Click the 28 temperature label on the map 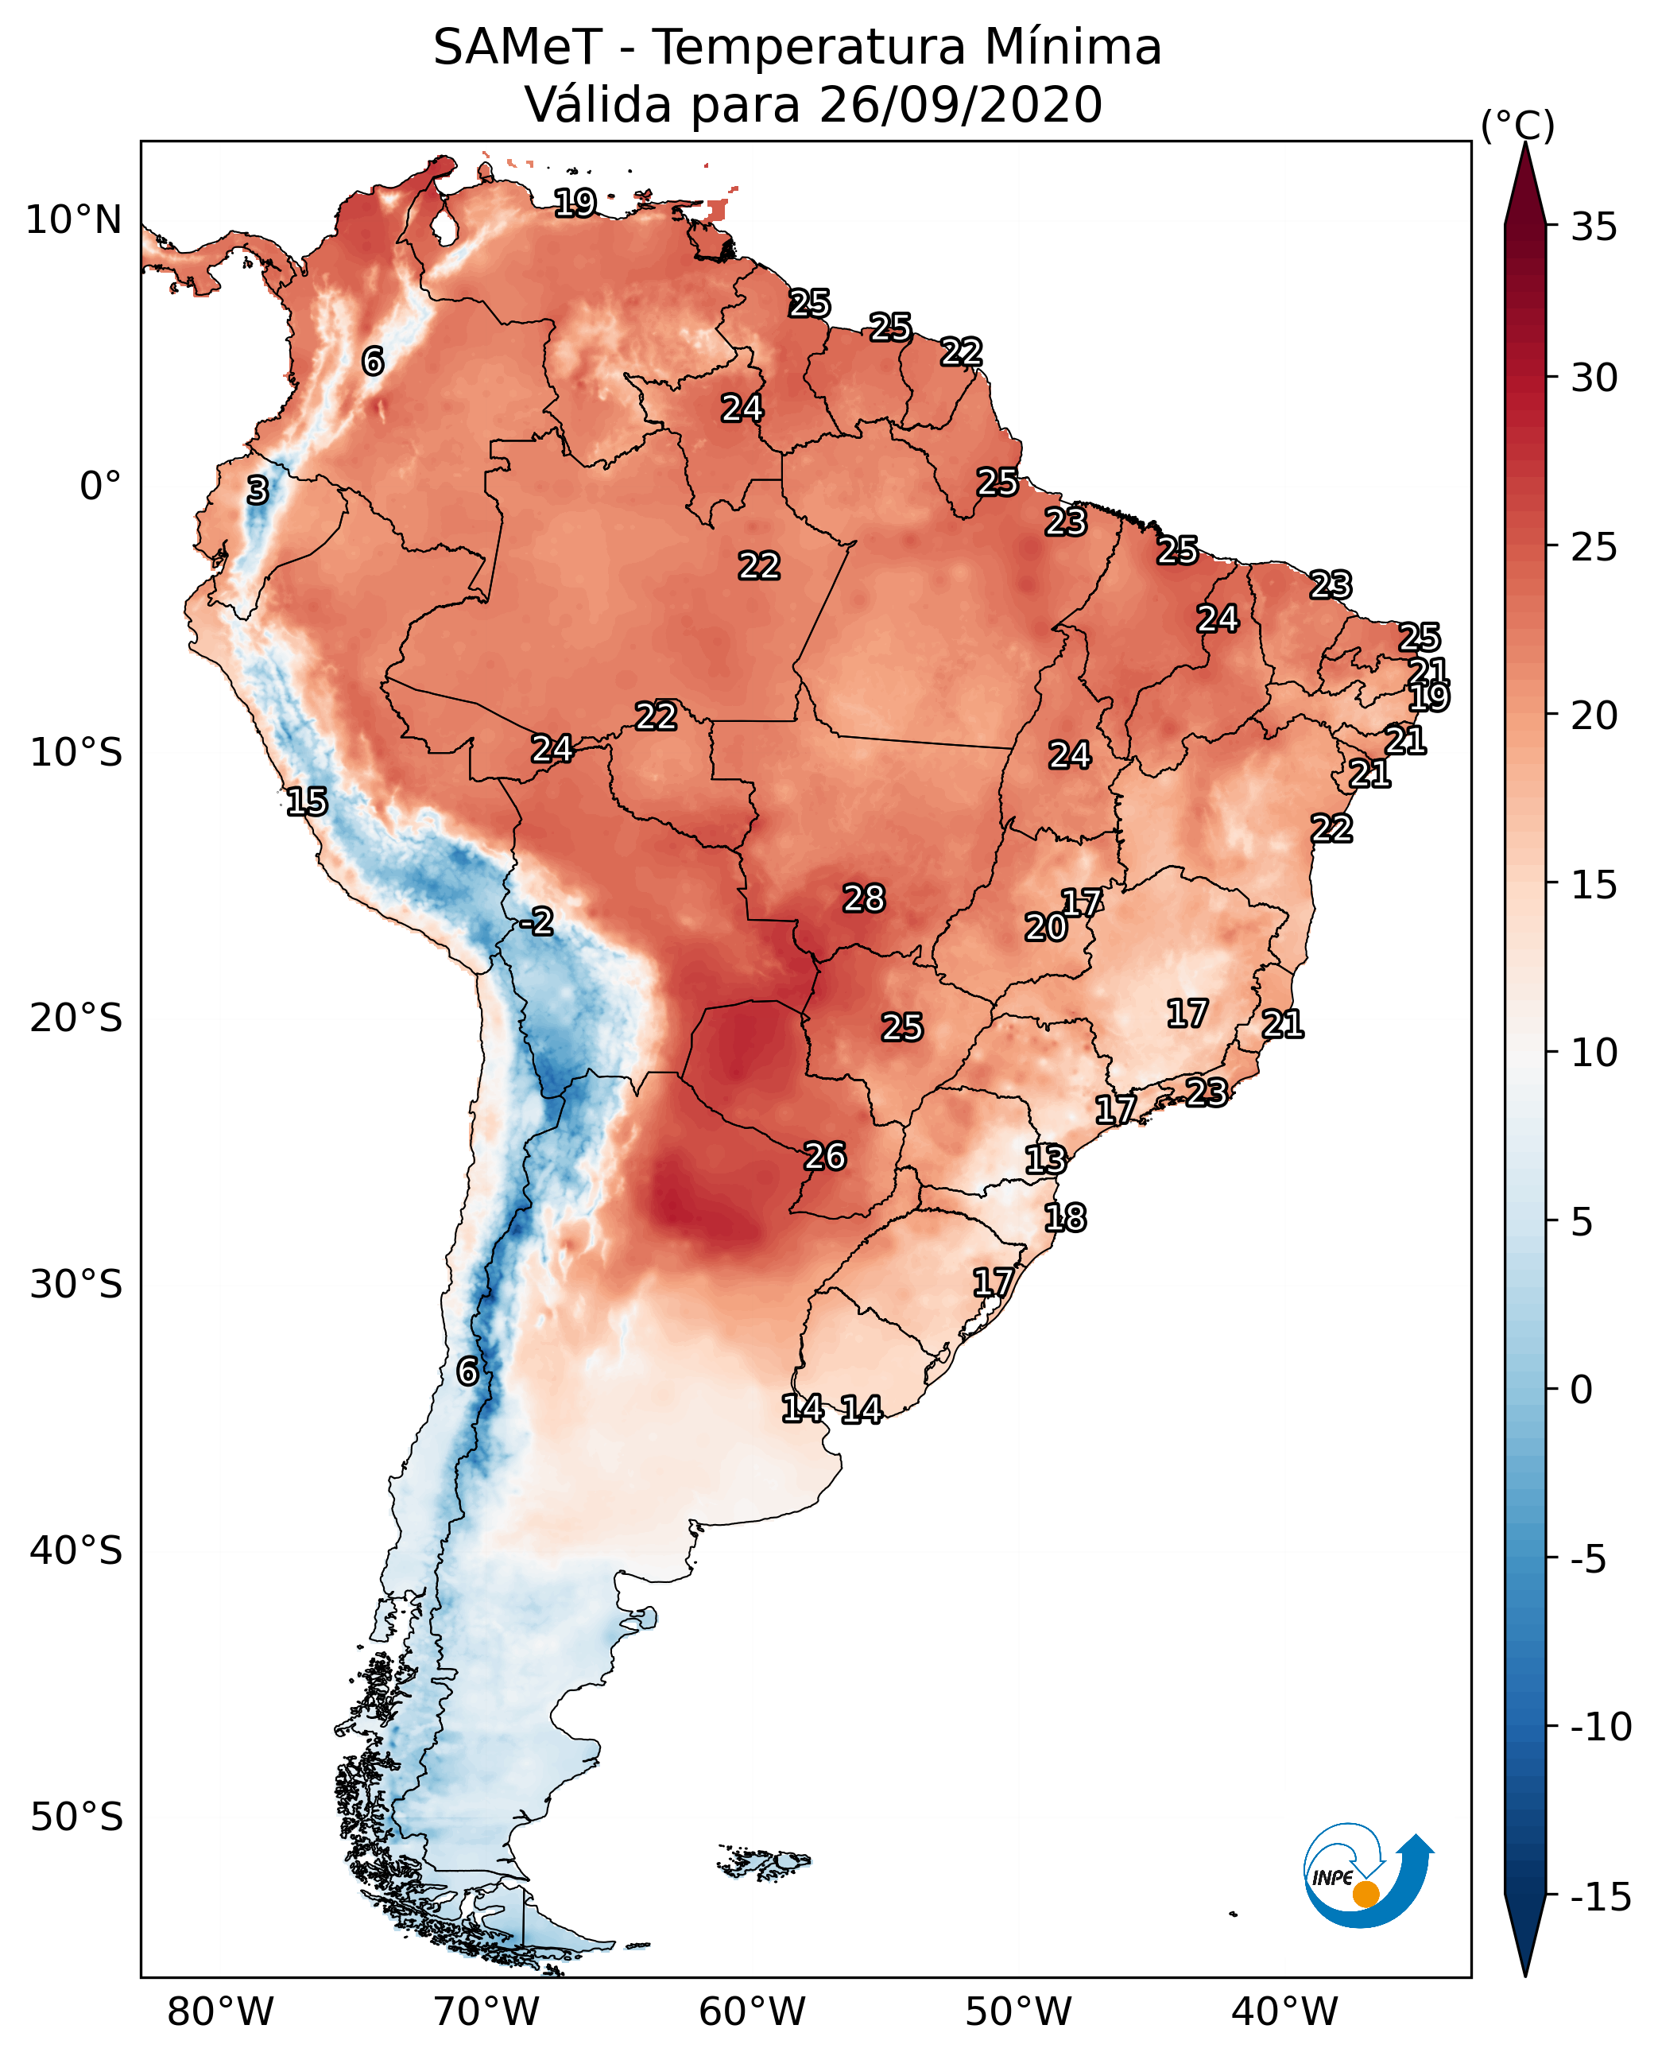(863, 898)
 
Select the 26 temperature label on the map (824, 1156)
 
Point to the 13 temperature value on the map (1045, 1159)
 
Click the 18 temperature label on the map (1065, 1217)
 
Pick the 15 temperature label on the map (307, 801)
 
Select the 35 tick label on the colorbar (1594, 227)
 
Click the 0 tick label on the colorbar (1582, 1389)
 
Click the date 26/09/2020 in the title (960, 104)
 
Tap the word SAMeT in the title (517, 47)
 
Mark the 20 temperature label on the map (1045, 927)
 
